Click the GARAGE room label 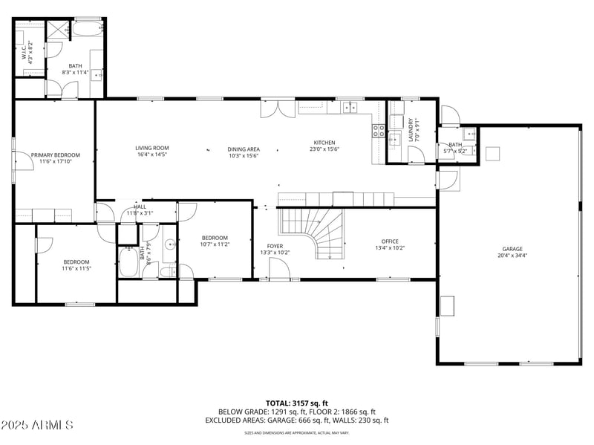click(512, 249)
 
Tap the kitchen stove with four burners click(378, 131)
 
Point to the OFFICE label click(390, 241)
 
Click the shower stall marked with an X click(57, 30)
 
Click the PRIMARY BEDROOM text click(55, 155)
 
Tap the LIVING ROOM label click(151, 148)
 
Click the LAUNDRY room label click(409, 130)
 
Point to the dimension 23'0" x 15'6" click(324, 149)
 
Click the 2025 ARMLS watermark click(37, 426)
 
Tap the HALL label click(140, 207)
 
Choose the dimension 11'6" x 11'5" click(76, 268)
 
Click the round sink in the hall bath click(169, 244)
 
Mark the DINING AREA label click(243, 149)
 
